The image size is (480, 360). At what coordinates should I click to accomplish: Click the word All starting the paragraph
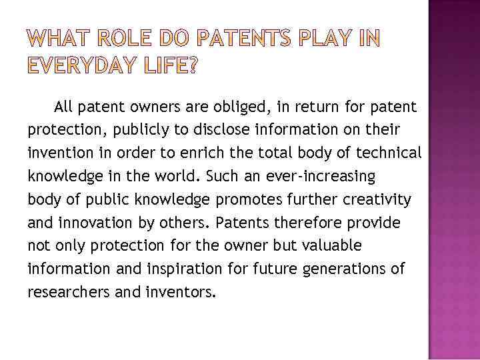tap(64, 107)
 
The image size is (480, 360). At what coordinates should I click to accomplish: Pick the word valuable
tap(331, 246)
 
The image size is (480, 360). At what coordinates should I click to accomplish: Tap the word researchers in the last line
tap(63, 292)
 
